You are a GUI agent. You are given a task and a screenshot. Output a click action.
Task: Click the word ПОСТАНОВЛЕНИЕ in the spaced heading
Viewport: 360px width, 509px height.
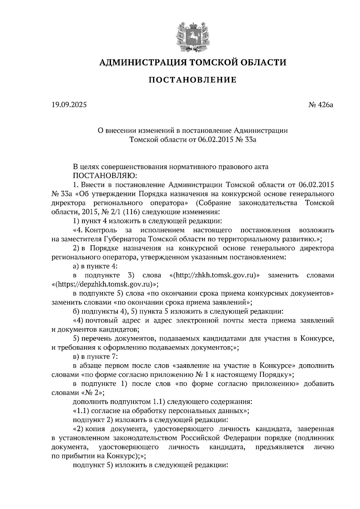[193, 80]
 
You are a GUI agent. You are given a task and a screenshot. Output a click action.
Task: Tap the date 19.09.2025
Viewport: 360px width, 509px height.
[69, 105]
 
